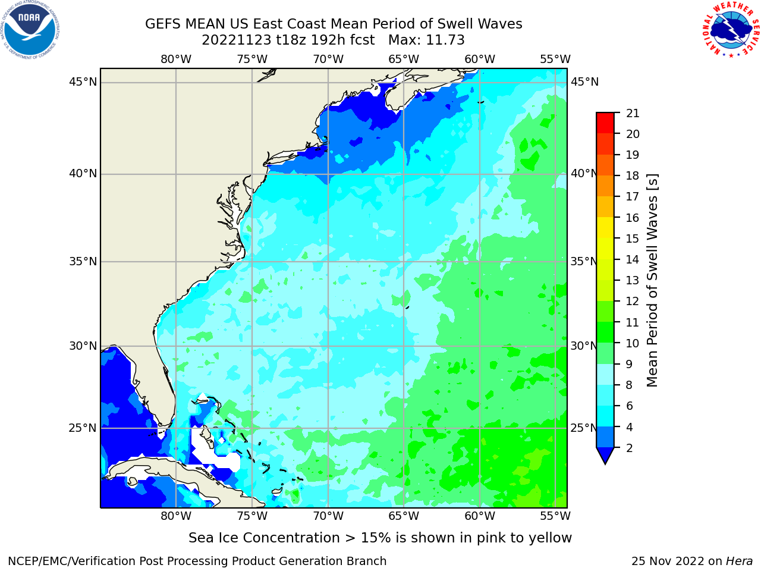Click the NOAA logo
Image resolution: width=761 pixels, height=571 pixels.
coord(30,30)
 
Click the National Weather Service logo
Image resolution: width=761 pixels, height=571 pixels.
coord(731,30)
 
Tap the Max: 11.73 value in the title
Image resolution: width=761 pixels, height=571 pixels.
coord(426,40)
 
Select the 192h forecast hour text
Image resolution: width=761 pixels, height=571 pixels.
coord(327,40)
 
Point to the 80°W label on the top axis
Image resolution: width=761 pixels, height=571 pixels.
coord(176,59)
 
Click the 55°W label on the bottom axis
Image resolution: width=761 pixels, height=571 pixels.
coord(555,516)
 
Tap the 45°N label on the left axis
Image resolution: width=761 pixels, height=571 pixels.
coord(83,82)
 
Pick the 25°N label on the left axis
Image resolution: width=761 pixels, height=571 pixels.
coord(83,428)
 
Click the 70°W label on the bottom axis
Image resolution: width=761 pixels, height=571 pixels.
coord(328,516)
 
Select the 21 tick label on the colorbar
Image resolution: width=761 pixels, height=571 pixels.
coord(633,114)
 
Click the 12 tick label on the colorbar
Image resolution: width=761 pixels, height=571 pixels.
coord(633,302)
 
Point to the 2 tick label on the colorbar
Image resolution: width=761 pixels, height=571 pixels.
coord(630,448)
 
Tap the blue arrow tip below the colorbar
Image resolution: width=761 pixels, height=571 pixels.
coord(605,463)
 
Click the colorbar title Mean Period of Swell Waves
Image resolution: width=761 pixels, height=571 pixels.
coord(652,281)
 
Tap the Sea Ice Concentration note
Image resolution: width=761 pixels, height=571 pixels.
coord(380,538)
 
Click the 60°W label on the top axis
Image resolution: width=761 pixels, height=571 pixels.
coord(479,59)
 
